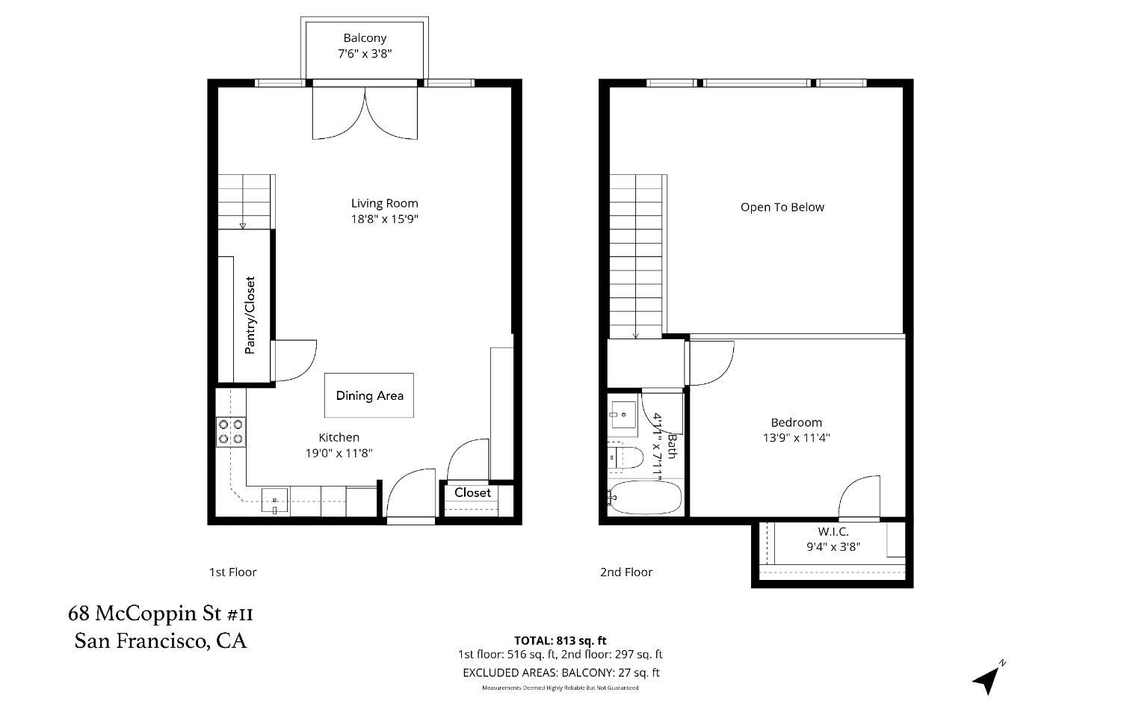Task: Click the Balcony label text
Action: click(x=365, y=38)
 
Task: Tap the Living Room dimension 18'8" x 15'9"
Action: click(x=384, y=219)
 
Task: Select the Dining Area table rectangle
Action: click(x=368, y=395)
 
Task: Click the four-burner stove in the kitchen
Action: click(x=231, y=432)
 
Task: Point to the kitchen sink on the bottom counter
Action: click(x=275, y=501)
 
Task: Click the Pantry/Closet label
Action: click(x=250, y=315)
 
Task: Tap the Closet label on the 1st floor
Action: click(x=472, y=493)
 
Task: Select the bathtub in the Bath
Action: click(x=645, y=497)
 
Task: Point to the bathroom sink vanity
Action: click(x=622, y=413)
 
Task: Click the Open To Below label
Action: click(x=782, y=207)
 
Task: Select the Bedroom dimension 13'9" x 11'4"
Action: click(x=796, y=438)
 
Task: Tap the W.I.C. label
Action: click(x=833, y=531)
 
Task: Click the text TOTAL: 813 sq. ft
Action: click(x=560, y=640)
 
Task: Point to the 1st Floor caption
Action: click(x=232, y=572)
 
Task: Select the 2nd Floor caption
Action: click(x=626, y=572)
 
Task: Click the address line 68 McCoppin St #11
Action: click(x=161, y=614)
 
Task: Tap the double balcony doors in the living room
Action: click(x=365, y=112)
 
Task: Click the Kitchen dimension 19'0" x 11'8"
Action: click(x=339, y=453)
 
